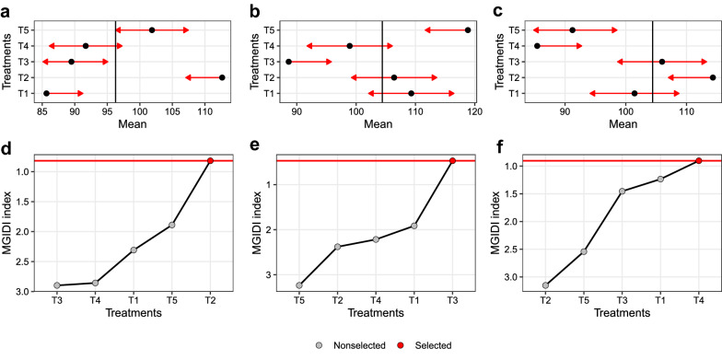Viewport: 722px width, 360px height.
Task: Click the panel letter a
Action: (x=6, y=9)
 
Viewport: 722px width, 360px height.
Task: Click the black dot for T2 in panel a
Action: (x=222, y=77)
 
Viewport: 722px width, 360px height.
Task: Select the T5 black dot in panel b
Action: (x=468, y=30)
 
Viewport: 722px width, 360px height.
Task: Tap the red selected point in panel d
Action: (x=210, y=161)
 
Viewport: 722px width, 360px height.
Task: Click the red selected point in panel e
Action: (x=452, y=161)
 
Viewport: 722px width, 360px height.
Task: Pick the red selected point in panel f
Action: (x=698, y=161)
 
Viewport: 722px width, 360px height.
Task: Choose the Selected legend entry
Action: (x=423, y=345)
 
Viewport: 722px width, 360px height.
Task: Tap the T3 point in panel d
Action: (x=57, y=285)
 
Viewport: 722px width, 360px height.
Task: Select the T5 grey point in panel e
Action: (x=299, y=285)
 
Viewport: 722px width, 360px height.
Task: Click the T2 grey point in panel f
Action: (x=545, y=285)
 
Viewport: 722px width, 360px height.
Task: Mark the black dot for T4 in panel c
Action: (x=537, y=46)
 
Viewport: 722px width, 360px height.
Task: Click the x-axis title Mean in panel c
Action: (x=623, y=122)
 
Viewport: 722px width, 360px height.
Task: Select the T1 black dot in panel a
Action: (x=47, y=93)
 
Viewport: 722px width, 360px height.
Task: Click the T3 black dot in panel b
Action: (x=288, y=62)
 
